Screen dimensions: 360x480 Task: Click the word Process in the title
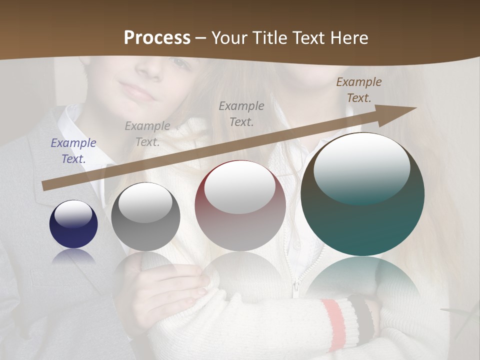click(157, 38)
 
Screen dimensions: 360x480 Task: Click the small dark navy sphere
click(73, 224)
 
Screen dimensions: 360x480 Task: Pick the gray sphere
click(145, 217)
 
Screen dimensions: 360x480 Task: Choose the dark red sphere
click(240, 205)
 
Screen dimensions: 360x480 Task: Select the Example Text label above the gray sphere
click(147, 134)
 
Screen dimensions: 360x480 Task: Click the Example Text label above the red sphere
click(241, 113)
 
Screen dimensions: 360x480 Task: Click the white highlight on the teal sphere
click(361, 167)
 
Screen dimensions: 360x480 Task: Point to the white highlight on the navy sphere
click(73, 214)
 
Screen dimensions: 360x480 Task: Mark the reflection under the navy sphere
click(73, 256)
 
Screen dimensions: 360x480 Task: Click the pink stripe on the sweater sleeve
click(334, 320)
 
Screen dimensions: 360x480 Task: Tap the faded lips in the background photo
click(136, 91)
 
